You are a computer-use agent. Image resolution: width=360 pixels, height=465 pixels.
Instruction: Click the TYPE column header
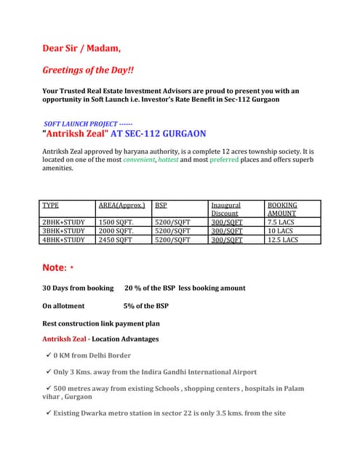(x=51, y=206)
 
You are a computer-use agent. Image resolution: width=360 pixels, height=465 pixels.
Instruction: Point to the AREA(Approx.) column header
(x=121, y=206)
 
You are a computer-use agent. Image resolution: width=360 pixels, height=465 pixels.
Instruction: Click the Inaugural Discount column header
(x=225, y=209)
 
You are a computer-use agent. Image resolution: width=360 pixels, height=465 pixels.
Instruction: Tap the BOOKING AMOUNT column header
(x=282, y=209)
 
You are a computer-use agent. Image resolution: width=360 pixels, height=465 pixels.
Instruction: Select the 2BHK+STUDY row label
(x=64, y=222)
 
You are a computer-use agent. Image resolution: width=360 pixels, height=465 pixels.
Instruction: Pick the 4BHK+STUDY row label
(x=64, y=239)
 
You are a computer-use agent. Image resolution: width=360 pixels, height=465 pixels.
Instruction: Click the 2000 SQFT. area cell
(x=117, y=230)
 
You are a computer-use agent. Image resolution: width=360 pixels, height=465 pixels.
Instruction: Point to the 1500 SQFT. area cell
(x=117, y=222)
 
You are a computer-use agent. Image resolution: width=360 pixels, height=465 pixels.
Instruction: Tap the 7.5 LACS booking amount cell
(x=281, y=222)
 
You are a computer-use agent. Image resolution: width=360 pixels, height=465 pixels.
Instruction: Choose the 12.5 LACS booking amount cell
(x=283, y=239)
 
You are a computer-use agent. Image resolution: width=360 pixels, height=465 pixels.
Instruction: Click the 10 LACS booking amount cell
(x=279, y=230)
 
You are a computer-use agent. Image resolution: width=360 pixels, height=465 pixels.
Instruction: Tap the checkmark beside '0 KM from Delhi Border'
(x=48, y=355)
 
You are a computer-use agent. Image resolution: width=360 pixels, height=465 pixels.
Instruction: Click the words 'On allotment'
(x=63, y=306)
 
